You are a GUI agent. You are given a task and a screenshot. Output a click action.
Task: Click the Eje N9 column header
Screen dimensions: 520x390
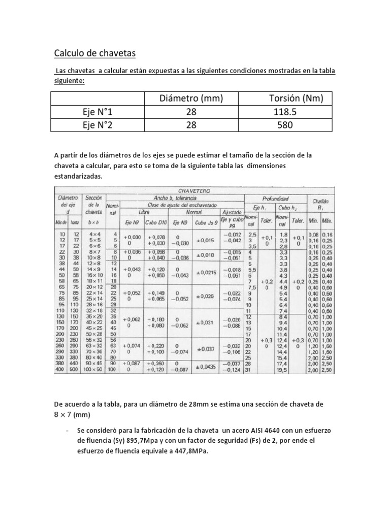182,222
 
